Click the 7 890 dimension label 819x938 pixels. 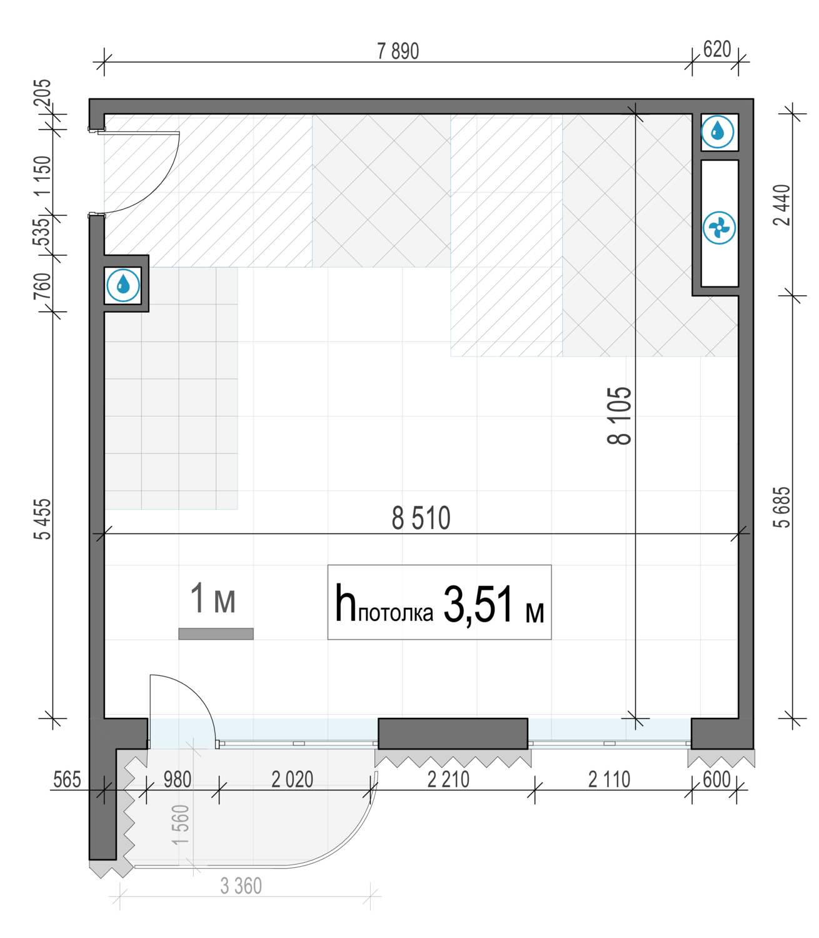point(398,51)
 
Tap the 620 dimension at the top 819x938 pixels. point(717,49)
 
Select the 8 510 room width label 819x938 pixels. point(421,518)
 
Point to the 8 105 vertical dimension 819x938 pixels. point(619,416)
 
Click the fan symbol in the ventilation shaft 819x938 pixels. point(719,228)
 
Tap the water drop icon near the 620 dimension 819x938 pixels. point(717,132)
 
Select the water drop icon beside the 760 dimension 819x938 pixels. point(123,285)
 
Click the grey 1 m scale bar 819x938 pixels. point(216,633)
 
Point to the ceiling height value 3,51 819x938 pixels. point(478,604)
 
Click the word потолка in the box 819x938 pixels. point(396,613)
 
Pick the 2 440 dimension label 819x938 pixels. point(782,205)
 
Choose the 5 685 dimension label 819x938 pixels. point(782,507)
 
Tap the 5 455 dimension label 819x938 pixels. point(44,519)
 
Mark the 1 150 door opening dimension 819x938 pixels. point(44,176)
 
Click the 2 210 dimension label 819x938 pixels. point(448,779)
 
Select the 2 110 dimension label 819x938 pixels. point(609,779)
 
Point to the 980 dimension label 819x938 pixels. point(178,779)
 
